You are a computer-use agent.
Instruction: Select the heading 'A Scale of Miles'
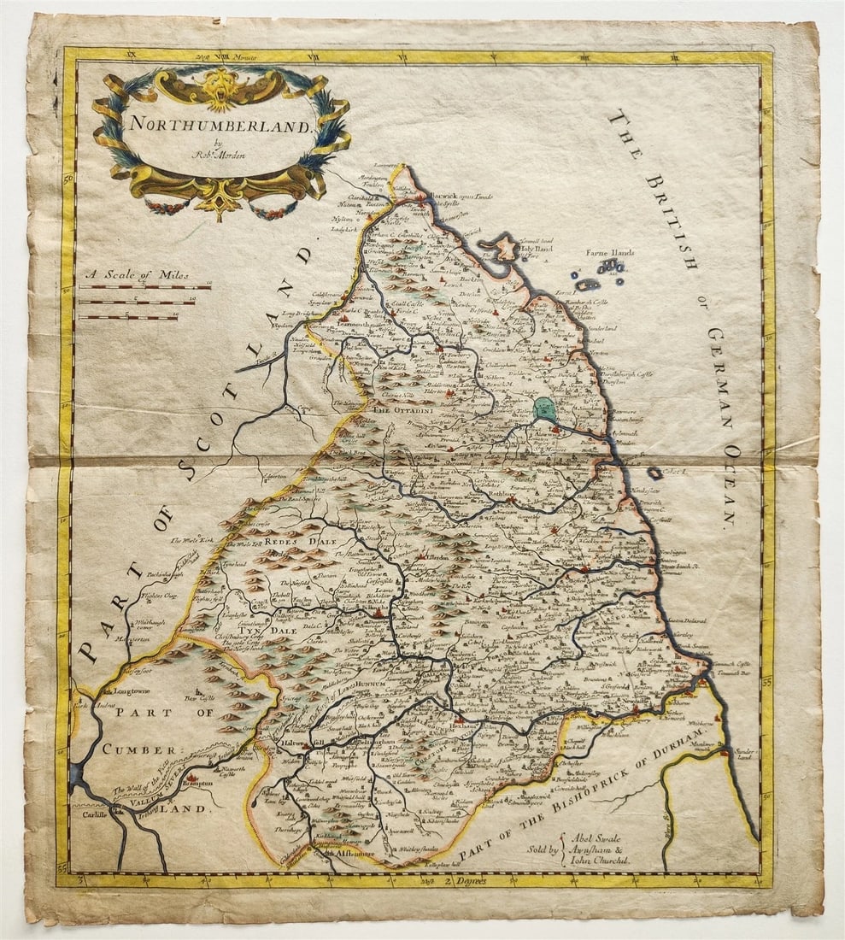(137, 276)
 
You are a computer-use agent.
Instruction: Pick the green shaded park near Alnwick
(545, 408)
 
